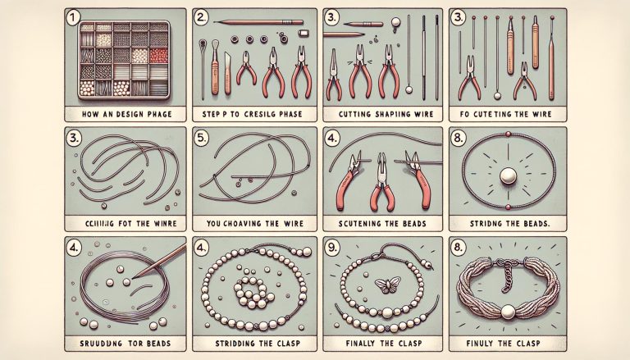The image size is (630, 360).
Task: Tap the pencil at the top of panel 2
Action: (x=265, y=24)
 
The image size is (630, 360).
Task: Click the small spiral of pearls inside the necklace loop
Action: (x=249, y=289)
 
